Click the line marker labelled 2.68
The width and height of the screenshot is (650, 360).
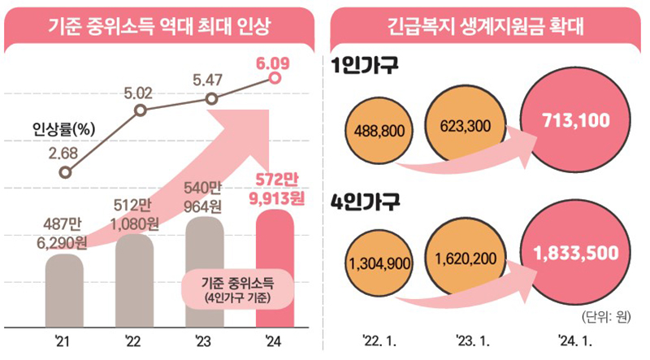click(x=65, y=171)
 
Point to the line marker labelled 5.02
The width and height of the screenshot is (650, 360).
click(x=141, y=110)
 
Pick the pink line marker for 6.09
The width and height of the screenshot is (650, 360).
click(x=275, y=79)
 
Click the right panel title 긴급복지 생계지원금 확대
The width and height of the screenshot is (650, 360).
click(x=487, y=25)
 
